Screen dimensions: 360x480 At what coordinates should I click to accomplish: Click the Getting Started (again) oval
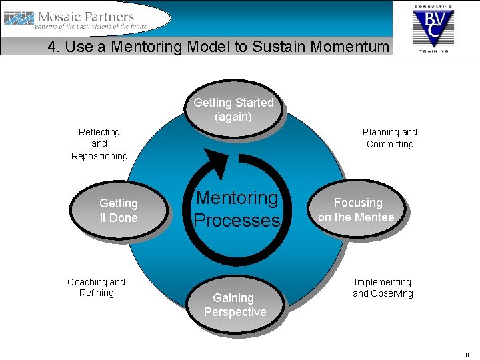coord(233,109)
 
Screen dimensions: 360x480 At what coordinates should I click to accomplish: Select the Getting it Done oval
coord(119,210)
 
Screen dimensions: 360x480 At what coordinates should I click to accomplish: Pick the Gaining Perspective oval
coord(235,305)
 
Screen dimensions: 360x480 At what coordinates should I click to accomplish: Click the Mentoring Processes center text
coord(237,209)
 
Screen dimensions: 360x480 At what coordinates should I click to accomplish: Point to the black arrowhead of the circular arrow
coord(216,163)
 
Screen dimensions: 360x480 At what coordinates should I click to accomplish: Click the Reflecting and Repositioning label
coord(99,144)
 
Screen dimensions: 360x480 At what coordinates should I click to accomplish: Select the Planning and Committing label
coord(390,138)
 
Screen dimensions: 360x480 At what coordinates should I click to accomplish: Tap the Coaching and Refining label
coord(96,287)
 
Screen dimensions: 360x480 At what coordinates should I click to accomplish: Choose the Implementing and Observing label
coord(383,288)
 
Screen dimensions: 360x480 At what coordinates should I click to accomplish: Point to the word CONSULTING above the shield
coord(433,6)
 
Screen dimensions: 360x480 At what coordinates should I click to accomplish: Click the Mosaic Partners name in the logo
coord(86,17)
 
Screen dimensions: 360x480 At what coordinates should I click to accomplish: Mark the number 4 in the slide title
coord(52,47)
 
